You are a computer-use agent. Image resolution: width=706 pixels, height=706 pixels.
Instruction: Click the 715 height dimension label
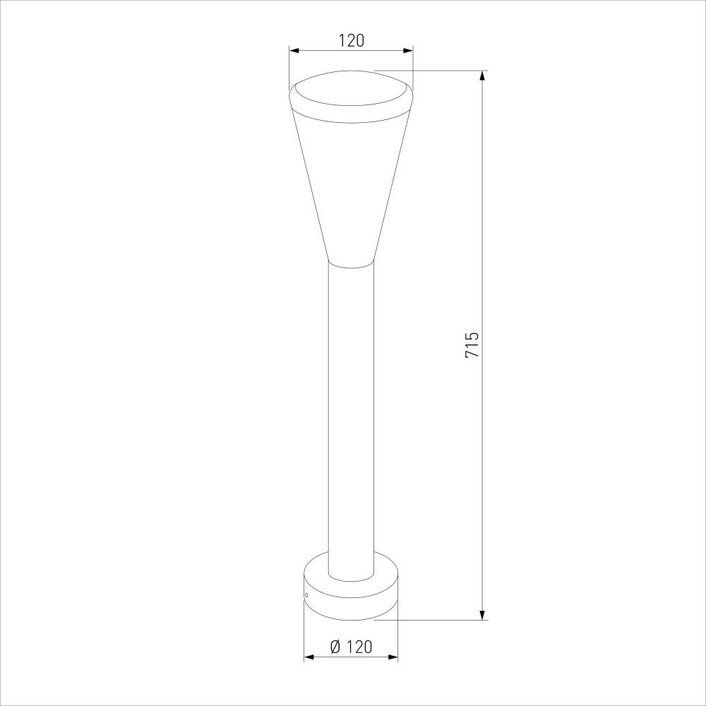point(472,345)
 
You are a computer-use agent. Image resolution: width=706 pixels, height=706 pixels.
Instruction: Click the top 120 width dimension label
point(351,40)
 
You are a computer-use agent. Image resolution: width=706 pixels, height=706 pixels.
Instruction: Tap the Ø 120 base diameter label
point(351,647)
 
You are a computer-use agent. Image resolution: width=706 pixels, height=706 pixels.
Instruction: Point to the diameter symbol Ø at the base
point(335,647)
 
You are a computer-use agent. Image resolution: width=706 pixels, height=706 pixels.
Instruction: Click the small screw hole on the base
point(306,594)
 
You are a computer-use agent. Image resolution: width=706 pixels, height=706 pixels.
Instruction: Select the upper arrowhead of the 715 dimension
point(482,76)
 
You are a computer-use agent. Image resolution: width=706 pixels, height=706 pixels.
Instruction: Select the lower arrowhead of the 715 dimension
point(482,615)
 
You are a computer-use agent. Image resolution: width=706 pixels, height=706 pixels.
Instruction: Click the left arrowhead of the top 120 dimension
point(294,50)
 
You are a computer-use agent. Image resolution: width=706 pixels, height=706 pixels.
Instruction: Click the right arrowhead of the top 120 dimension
point(408,50)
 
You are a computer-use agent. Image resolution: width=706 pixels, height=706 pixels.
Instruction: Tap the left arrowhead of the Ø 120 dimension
point(309,657)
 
